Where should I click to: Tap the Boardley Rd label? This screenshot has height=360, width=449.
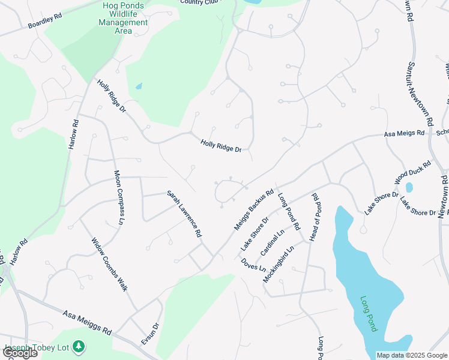(45, 22)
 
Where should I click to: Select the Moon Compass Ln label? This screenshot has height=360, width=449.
(119, 197)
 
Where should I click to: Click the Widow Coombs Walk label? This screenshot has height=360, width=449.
(110, 265)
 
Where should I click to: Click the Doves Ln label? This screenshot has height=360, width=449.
(253, 264)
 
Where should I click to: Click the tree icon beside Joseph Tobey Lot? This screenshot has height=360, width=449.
(78, 346)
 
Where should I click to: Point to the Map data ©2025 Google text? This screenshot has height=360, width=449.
(411, 355)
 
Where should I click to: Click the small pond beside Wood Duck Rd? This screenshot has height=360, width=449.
(409, 188)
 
